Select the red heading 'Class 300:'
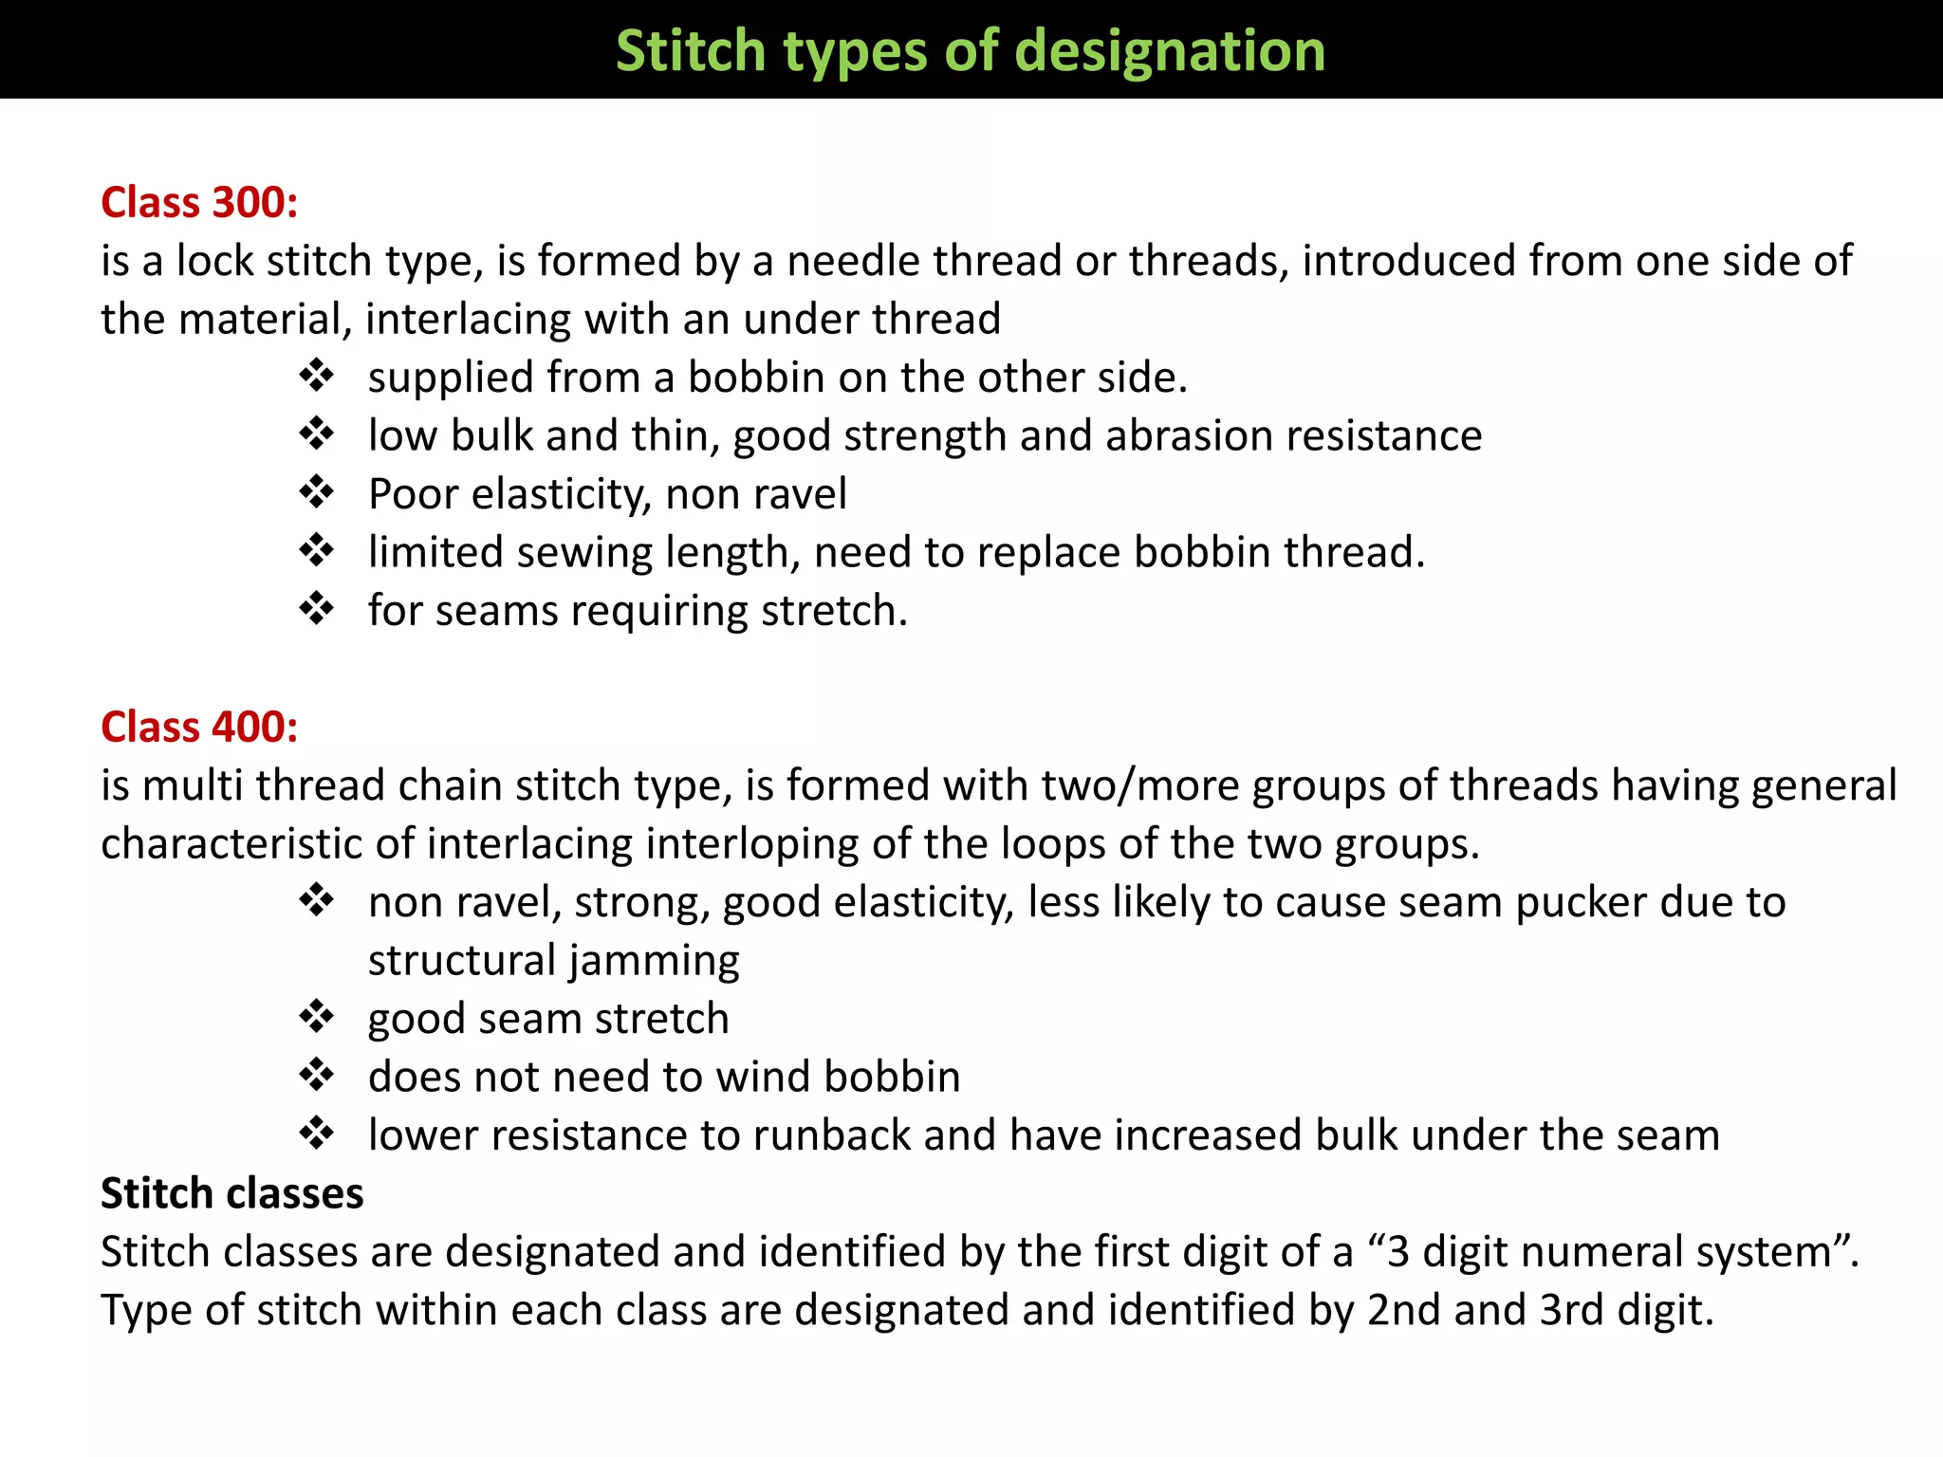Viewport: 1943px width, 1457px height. coord(199,202)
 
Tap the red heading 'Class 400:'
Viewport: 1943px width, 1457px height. coord(199,727)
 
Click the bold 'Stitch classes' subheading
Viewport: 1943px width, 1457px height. coord(232,1193)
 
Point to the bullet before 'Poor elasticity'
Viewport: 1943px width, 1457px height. coord(316,492)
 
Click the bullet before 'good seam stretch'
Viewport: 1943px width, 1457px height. coord(316,1017)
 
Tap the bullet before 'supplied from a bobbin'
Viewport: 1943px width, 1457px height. coord(316,376)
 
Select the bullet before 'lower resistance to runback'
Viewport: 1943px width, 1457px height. coord(316,1134)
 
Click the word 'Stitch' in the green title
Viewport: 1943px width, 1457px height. coord(690,50)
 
